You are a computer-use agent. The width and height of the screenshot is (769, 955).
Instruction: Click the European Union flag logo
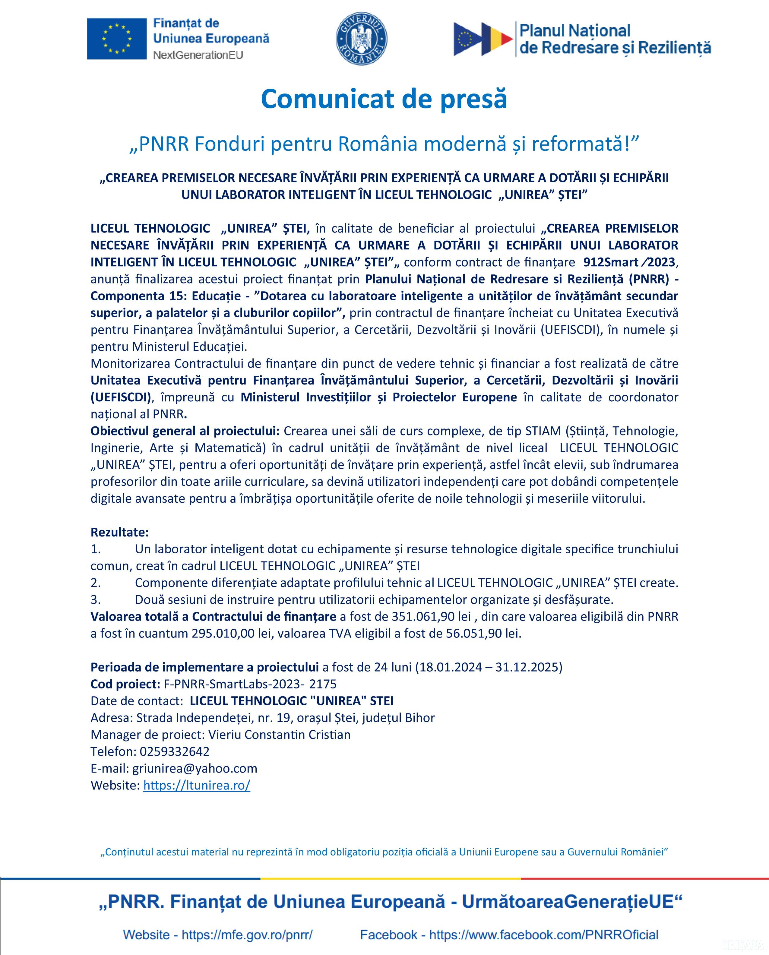116,39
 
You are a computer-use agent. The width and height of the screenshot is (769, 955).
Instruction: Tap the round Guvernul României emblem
362,39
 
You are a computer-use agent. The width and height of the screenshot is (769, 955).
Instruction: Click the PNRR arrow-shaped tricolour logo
483,39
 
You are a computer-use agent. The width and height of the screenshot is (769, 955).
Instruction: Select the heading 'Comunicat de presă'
384,99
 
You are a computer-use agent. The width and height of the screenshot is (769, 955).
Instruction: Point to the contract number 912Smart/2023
629,262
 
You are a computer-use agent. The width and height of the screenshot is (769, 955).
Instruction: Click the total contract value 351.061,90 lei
431,617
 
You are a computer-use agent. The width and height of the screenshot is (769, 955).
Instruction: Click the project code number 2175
323,684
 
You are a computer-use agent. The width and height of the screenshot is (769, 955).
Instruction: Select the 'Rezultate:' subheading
120,532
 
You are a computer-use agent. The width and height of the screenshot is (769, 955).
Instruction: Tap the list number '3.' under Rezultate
96,600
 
